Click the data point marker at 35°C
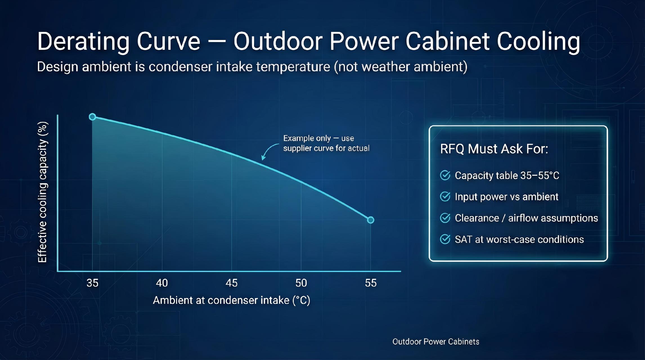pos(92,117)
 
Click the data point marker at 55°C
pos(370,220)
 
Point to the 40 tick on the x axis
pos(162,283)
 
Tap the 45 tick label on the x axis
pos(232,283)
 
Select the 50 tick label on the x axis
pos(301,283)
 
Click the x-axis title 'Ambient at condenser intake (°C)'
pos(231,300)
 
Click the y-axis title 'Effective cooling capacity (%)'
pos(42,192)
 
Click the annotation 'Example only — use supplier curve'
pos(326,143)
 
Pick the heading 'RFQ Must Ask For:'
pos(494,149)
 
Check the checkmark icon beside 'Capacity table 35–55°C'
pos(445,175)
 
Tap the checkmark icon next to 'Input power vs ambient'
pos(445,197)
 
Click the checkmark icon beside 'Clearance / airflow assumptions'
pos(445,218)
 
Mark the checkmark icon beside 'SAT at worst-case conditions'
pos(445,239)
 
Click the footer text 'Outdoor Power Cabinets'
pos(436,342)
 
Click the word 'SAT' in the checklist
pos(463,239)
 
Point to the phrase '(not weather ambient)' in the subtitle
pos(401,67)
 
